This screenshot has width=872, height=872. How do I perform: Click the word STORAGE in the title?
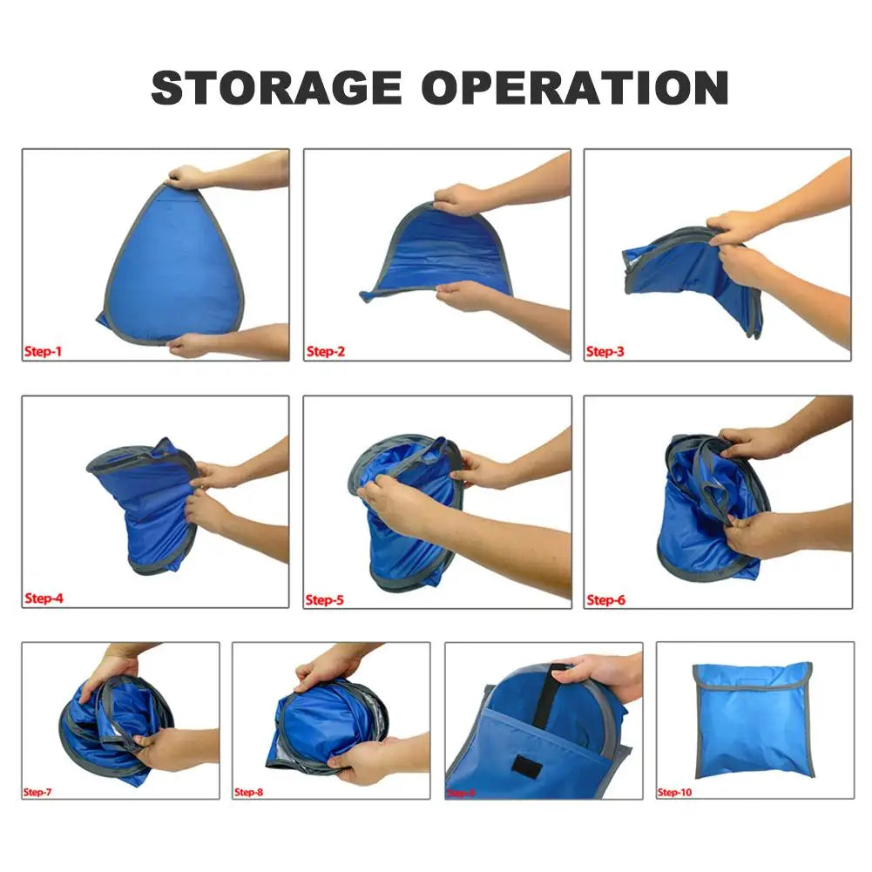(277, 87)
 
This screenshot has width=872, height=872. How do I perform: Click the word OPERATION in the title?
(576, 87)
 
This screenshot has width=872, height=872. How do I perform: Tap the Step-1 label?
(43, 351)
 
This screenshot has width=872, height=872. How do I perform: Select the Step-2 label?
(326, 352)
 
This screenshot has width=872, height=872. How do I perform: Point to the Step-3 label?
(605, 352)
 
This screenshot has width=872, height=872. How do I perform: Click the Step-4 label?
(44, 598)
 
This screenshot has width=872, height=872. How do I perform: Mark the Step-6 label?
(606, 599)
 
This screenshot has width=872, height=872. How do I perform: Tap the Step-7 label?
(37, 792)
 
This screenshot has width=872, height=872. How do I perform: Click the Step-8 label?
(248, 792)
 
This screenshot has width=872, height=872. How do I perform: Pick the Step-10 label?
(674, 792)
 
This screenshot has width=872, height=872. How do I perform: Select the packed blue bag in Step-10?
(753, 719)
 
